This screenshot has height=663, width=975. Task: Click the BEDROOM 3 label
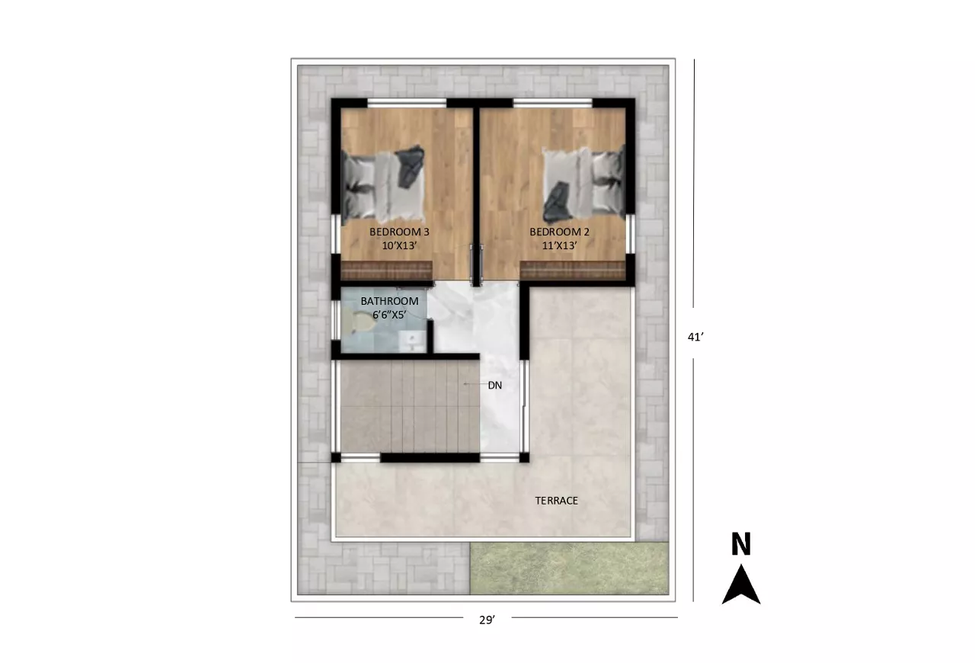click(x=399, y=232)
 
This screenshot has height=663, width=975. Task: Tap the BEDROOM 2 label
click(x=559, y=232)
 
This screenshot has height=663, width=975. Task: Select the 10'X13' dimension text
click(x=400, y=245)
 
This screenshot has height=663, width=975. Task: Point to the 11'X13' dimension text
click(x=559, y=245)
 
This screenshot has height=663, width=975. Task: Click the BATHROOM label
click(x=389, y=301)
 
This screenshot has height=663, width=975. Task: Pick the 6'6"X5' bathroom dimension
click(x=389, y=315)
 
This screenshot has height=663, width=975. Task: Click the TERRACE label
click(x=557, y=501)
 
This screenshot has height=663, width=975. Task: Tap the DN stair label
click(x=495, y=386)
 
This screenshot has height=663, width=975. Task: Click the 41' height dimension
click(x=695, y=337)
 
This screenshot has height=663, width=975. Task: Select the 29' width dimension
click(x=487, y=620)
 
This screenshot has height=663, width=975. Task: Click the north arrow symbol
click(x=741, y=585)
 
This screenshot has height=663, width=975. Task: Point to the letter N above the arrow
click(x=741, y=543)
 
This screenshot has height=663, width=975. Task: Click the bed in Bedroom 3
click(x=383, y=183)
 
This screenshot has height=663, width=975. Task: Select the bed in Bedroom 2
click(x=583, y=184)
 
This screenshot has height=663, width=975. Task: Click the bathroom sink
click(x=412, y=341)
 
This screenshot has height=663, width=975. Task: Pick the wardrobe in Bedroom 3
click(x=386, y=270)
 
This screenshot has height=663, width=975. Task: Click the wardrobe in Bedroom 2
click(x=573, y=270)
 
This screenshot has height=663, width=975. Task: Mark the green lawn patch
click(x=569, y=568)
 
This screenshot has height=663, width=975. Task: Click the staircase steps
click(x=410, y=406)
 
